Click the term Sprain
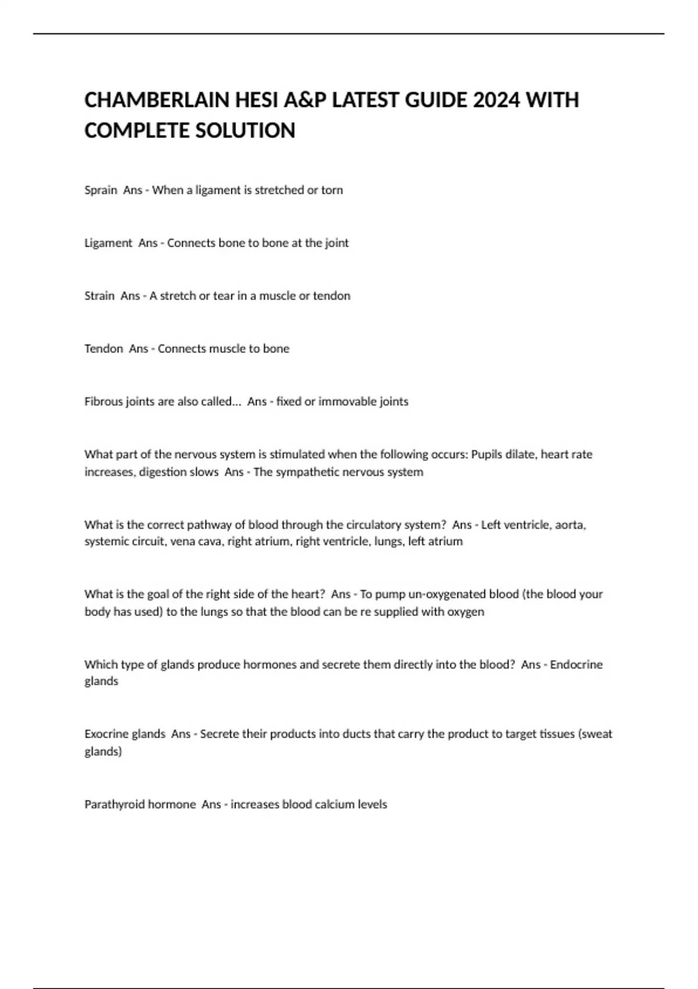(101, 190)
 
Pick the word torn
(332, 190)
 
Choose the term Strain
(99, 296)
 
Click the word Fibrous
(104, 401)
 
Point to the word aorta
(570, 525)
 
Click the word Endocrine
(576, 664)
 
